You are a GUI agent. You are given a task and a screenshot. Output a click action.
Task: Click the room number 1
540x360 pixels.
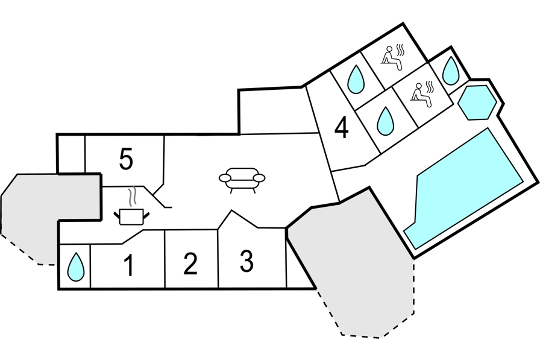129,265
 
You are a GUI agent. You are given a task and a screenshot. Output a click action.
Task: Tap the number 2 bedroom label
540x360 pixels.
190,264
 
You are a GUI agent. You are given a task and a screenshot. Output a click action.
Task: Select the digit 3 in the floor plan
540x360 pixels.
246,262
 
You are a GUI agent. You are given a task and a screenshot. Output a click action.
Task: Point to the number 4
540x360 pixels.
341,128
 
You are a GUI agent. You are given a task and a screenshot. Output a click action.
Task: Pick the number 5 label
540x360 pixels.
126,159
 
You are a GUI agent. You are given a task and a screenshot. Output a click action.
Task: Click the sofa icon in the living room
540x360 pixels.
242,180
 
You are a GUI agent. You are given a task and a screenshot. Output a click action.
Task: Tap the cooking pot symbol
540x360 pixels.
131,216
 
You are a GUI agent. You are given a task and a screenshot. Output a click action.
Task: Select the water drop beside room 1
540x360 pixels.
75,267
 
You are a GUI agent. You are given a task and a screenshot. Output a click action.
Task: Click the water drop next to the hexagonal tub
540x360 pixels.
450,71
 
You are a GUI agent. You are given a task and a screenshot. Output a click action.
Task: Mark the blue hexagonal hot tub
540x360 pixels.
477,103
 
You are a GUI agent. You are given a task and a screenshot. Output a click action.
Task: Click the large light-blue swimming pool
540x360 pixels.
463,188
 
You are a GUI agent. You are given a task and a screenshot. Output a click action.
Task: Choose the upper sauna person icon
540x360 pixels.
394,57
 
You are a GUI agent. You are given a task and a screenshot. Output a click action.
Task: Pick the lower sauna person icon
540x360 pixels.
423,95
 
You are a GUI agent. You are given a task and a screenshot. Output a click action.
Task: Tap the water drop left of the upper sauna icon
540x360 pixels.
356,79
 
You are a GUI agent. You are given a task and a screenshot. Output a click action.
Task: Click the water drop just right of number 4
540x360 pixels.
385,121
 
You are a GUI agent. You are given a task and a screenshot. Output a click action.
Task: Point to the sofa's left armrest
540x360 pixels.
225,178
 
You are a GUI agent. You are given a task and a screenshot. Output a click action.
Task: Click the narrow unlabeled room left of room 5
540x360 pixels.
71,154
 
